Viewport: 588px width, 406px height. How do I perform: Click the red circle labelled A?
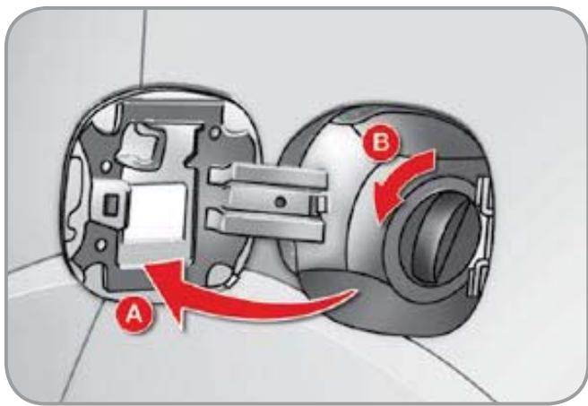point(134,315)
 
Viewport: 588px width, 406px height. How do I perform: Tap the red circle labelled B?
point(381,143)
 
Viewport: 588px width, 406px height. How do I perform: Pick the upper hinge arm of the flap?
point(267,176)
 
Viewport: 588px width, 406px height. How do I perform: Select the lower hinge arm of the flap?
point(264,224)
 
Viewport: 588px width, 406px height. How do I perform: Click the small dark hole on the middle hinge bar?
point(281,203)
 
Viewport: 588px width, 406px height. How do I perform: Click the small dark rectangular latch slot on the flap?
point(110,205)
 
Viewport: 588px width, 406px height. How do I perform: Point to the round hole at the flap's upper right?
point(214,133)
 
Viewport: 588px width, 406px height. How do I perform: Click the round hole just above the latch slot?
point(106,166)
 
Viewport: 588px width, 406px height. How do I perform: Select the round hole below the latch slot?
point(100,246)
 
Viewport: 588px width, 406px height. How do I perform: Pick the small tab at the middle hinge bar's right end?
point(320,204)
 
